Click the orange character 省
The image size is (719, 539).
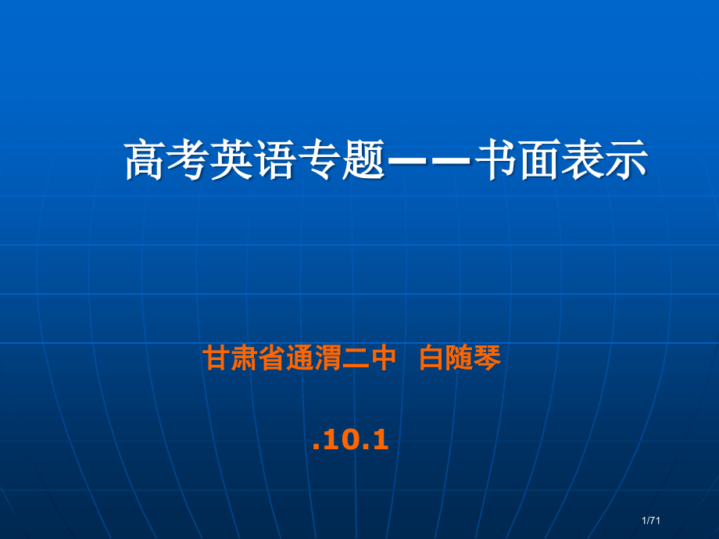click(x=271, y=359)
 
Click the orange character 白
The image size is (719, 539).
click(x=432, y=359)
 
